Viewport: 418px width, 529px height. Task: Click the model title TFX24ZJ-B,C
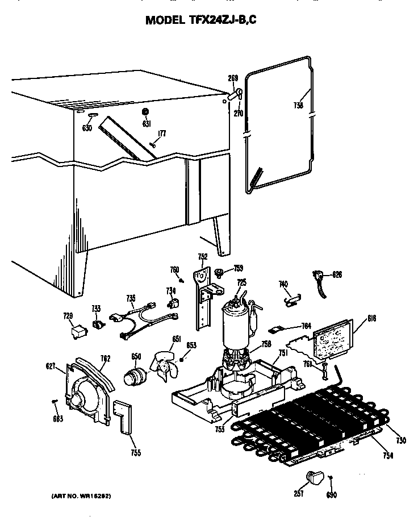point(204,20)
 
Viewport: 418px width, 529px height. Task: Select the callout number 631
point(147,124)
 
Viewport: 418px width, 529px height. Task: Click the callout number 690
point(332,495)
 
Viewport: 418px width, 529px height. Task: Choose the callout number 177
point(162,134)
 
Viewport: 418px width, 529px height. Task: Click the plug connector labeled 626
point(321,278)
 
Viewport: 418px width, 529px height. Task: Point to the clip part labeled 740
point(291,295)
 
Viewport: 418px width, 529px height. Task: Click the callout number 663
point(58,419)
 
